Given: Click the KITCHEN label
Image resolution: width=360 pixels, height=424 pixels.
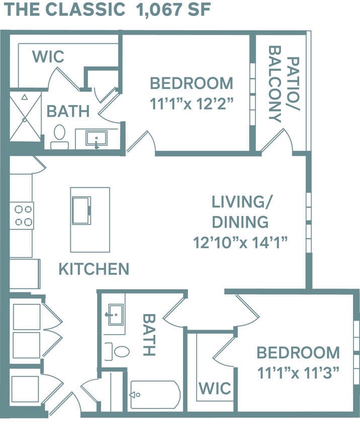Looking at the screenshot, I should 94,269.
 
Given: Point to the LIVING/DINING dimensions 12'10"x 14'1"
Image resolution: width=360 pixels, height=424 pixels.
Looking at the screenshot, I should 240,243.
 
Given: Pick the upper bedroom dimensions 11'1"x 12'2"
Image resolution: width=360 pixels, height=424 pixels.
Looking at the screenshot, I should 191,104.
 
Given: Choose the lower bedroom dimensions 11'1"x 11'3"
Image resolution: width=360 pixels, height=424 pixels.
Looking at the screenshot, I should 298,373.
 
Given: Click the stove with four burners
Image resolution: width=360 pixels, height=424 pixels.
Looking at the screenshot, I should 22,215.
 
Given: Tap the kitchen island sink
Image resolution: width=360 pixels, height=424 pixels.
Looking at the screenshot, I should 81,210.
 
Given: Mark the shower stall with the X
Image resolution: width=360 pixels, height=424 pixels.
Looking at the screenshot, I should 25,117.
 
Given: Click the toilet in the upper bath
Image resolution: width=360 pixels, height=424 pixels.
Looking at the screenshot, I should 60,136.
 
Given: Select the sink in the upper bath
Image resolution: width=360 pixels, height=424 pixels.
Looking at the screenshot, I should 97,138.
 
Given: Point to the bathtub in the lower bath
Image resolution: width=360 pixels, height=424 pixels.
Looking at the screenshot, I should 155,395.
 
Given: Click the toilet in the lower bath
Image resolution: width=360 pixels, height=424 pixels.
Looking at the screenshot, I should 117,351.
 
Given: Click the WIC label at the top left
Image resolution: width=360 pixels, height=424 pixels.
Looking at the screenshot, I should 48,57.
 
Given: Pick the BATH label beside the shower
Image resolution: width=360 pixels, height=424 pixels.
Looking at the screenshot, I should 68,111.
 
